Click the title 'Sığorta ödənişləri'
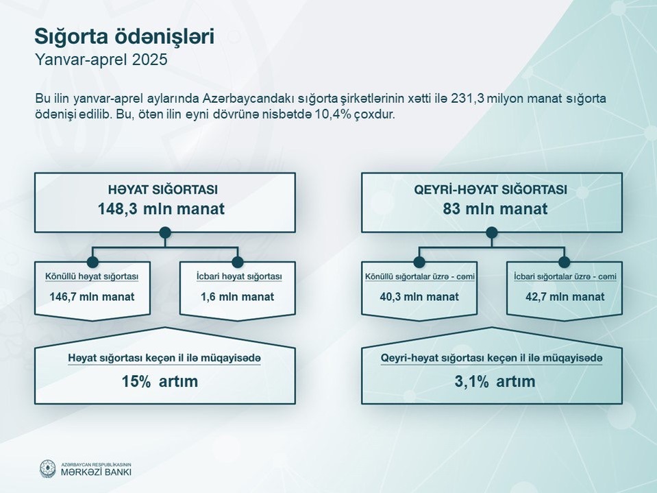coord(125,37)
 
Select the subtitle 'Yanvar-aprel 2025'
coord(101,60)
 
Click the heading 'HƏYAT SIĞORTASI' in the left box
coord(163,190)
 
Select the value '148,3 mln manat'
coord(161,208)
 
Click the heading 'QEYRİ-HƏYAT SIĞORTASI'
coord(491,190)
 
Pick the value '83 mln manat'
coord(495,208)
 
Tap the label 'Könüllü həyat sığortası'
coord(92,277)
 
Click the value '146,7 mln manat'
coord(92,297)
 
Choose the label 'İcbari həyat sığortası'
coord(239,277)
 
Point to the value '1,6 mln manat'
coord(237,297)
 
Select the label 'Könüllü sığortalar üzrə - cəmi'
coord(419,277)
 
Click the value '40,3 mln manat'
coord(419,297)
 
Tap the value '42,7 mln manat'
coord(565,297)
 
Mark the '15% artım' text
coord(160,381)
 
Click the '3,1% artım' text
coord(495,381)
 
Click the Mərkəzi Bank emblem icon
coord(47,469)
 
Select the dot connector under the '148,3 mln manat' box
coord(165,232)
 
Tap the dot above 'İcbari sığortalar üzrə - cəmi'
coord(565,262)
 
